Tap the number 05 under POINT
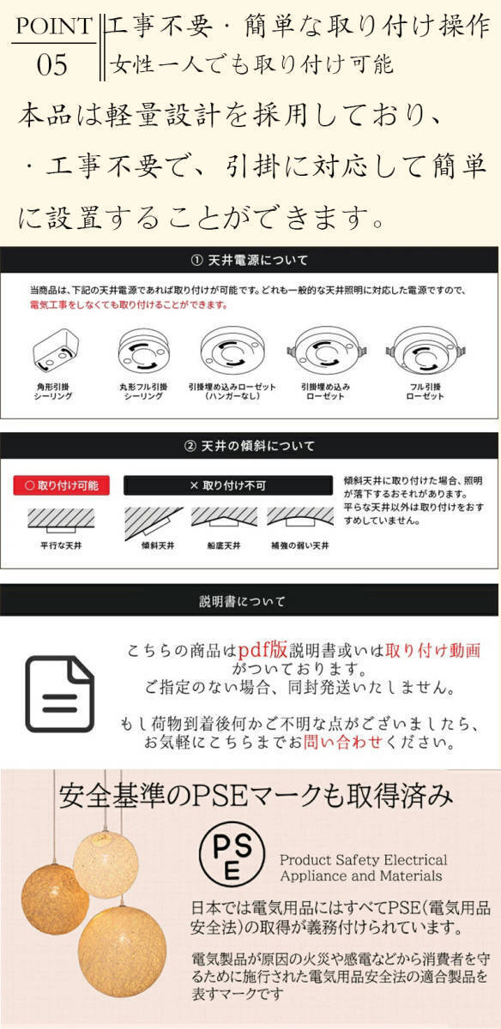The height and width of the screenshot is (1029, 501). pos(52,65)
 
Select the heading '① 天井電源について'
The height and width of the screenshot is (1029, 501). pos(250,260)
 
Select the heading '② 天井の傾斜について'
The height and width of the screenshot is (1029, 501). pos(250,446)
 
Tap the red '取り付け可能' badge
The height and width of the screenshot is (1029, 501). pos(61,485)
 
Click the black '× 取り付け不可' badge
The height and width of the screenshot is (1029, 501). pos(227,485)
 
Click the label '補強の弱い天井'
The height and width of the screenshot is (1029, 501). pos(300,545)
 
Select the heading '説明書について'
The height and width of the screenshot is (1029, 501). pos(250,600)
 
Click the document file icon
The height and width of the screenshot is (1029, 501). pos(59,694)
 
